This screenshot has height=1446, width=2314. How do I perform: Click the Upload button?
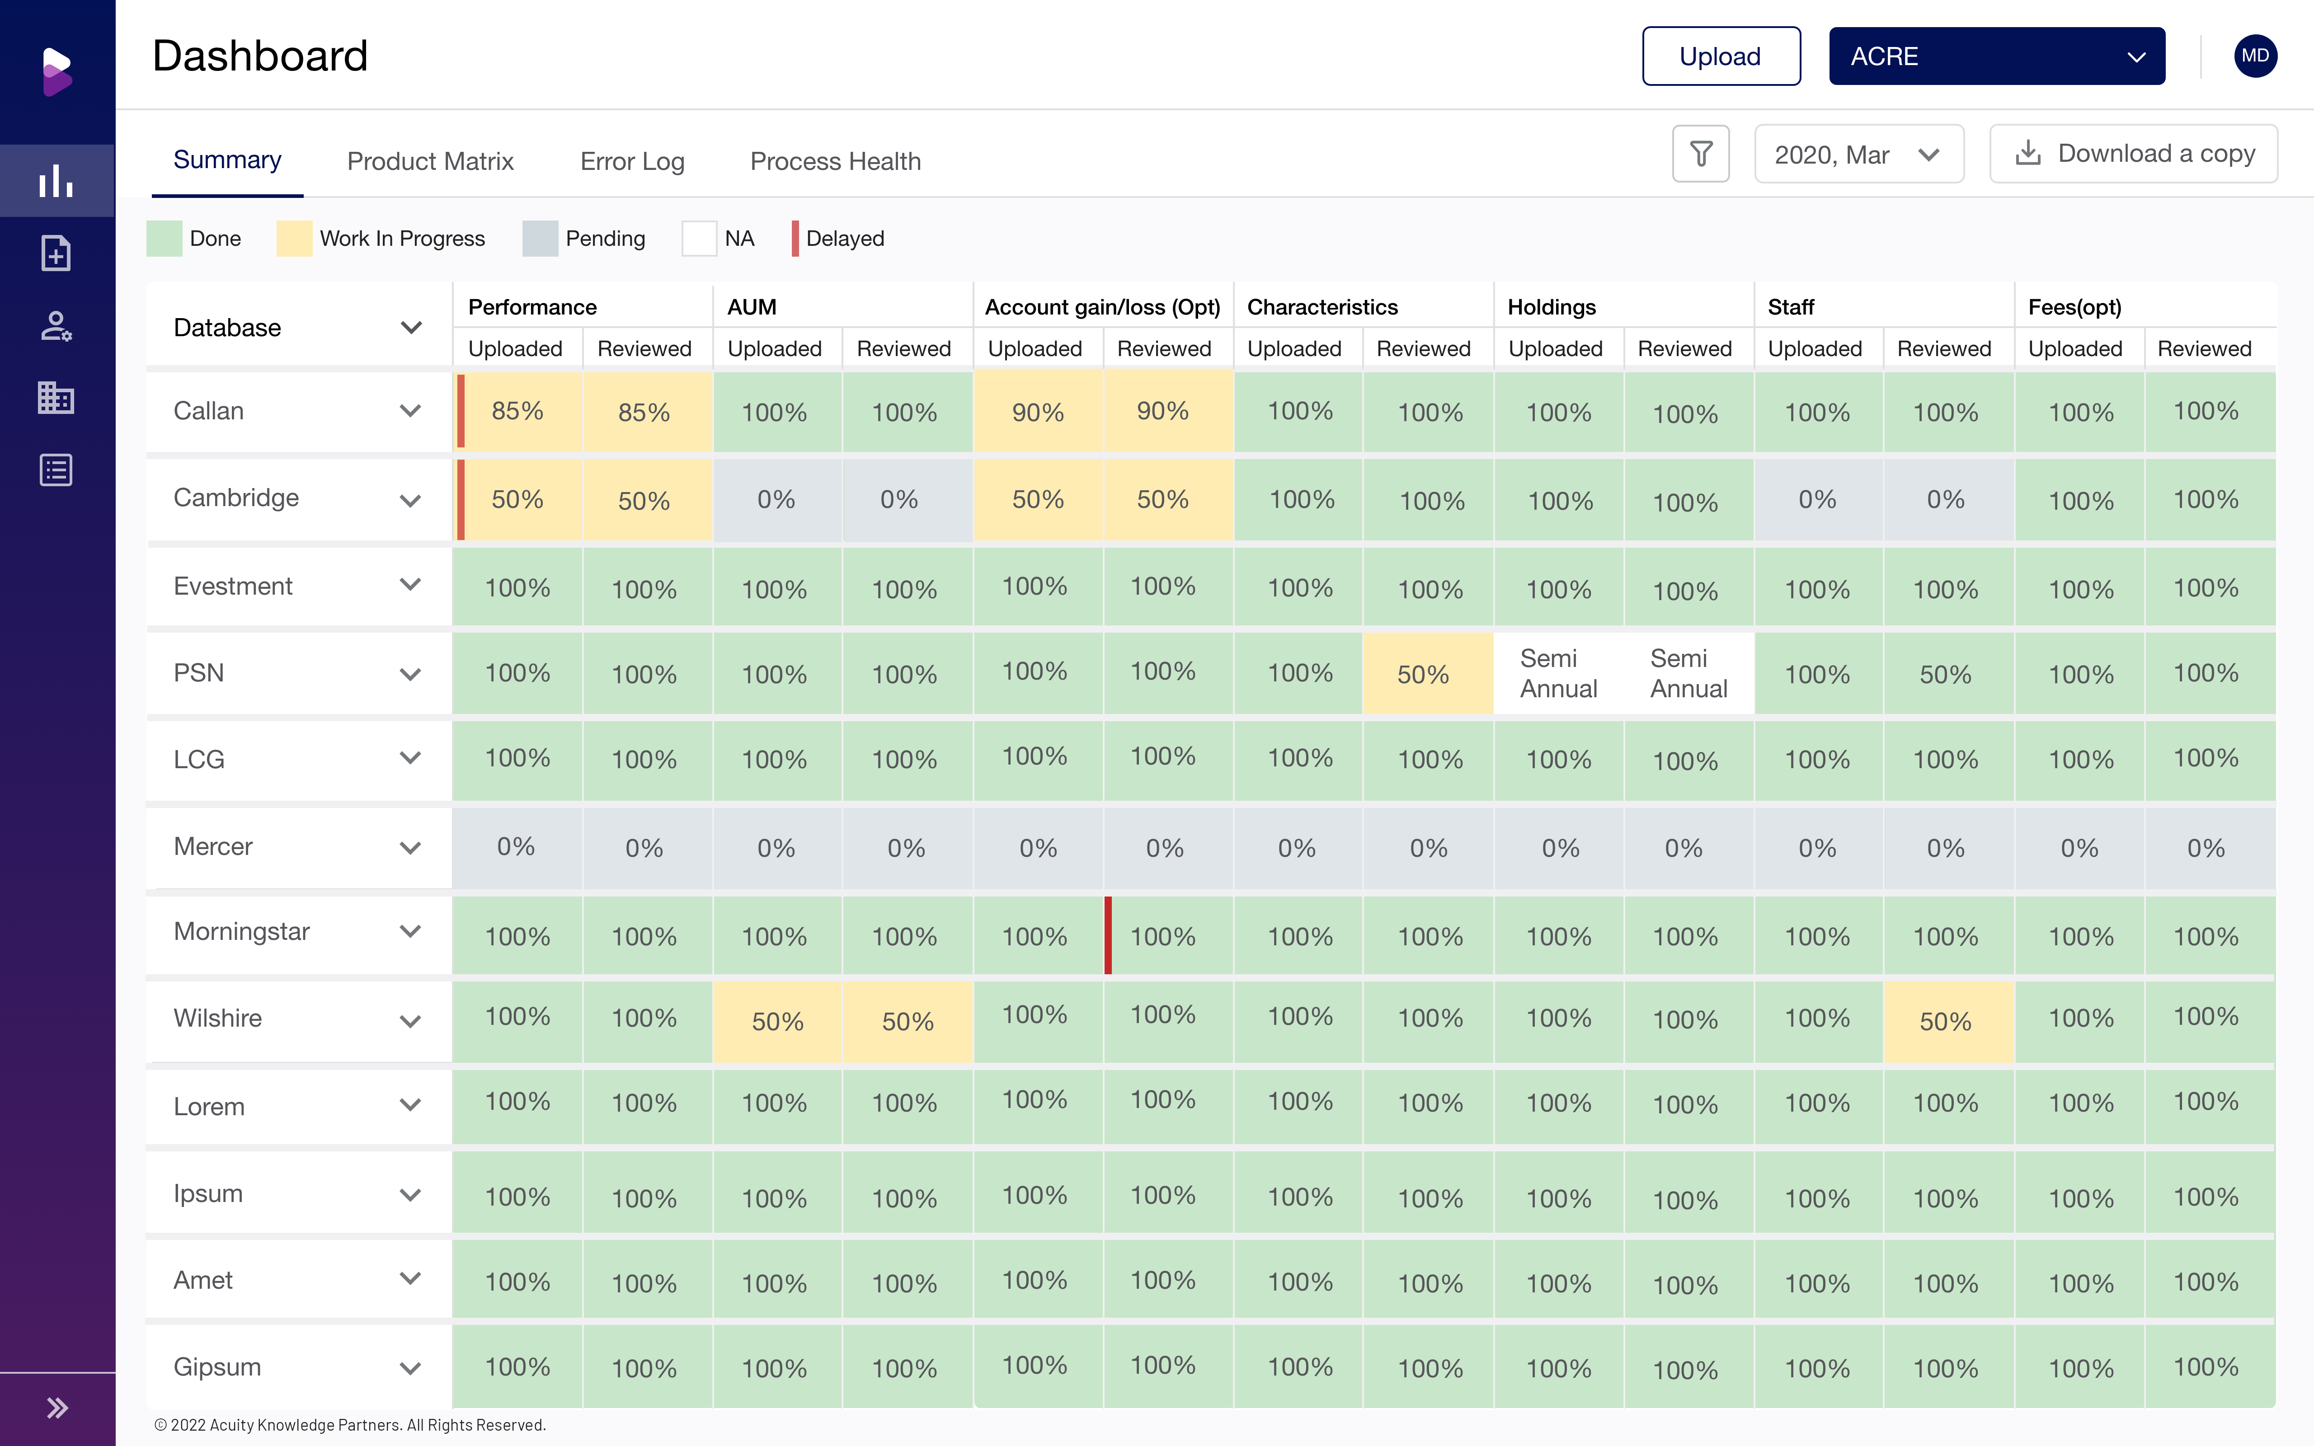[x=1720, y=56]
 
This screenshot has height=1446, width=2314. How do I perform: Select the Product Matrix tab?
[x=430, y=161]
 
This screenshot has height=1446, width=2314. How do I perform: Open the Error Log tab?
[x=632, y=161]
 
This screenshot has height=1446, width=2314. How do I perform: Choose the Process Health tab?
[x=835, y=161]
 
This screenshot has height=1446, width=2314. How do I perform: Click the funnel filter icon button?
[x=1700, y=154]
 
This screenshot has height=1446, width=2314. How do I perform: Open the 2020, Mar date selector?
[x=1858, y=154]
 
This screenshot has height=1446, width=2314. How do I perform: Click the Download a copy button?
[x=2133, y=154]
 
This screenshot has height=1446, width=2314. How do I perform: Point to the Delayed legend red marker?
[x=795, y=238]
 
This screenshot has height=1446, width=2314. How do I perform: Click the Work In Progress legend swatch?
[x=294, y=238]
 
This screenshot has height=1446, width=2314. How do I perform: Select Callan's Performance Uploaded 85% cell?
[x=517, y=411]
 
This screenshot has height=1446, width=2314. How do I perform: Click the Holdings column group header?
[x=1551, y=307]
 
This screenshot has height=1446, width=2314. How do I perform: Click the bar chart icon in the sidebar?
[x=56, y=181]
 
